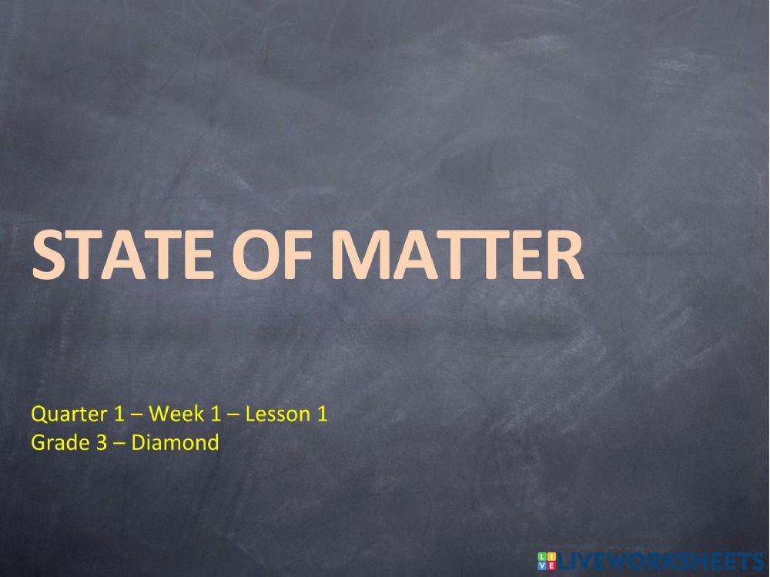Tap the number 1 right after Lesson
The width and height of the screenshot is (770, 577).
(323, 414)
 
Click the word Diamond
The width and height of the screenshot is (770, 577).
(175, 443)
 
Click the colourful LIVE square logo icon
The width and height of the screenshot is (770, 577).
(546, 561)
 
